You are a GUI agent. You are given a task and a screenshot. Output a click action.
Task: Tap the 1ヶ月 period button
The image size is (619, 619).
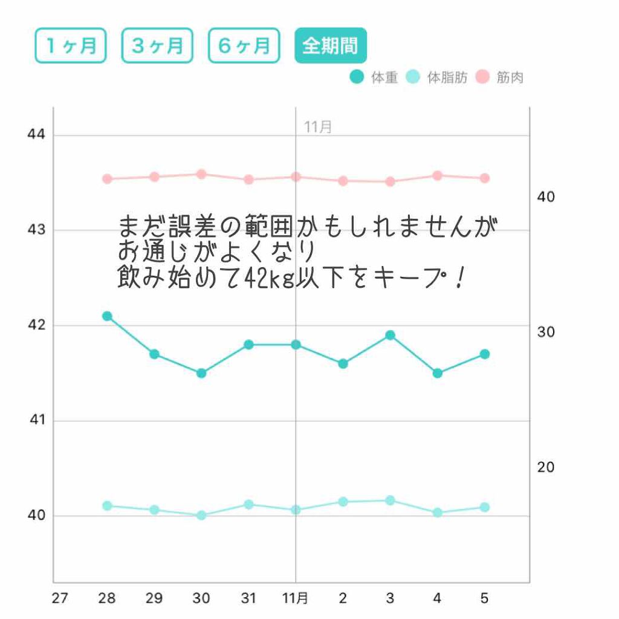[71, 45]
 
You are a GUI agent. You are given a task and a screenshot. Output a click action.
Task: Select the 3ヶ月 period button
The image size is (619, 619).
[157, 45]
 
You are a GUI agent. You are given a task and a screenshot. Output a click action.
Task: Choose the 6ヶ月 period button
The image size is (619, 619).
[244, 45]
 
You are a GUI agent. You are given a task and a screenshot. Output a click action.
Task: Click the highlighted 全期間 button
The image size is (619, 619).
[331, 45]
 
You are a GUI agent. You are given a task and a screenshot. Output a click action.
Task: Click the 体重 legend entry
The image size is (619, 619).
[374, 77]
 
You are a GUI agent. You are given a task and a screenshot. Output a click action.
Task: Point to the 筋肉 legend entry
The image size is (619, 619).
[499, 77]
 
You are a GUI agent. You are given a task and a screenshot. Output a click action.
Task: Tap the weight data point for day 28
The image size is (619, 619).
[107, 316]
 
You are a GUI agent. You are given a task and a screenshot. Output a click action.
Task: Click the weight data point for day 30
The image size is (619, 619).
[201, 373]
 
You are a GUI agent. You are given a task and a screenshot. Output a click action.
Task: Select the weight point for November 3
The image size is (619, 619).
[391, 335]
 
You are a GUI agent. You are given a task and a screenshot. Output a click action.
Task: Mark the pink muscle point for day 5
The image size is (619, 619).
[485, 178]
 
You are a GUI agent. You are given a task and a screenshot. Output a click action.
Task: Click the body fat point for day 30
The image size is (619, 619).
[201, 516]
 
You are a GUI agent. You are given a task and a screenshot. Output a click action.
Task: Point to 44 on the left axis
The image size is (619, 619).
[36, 134]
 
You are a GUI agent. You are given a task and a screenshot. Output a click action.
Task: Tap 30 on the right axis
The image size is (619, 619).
[546, 332]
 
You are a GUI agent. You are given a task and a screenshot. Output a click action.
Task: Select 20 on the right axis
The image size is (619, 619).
[546, 467]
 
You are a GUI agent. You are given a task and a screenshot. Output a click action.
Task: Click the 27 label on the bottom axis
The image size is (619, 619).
[60, 598]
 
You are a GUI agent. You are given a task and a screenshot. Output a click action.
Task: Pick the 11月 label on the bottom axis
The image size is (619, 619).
[296, 598]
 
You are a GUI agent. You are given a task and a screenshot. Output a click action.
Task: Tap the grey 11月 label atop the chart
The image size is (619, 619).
[318, 127]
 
